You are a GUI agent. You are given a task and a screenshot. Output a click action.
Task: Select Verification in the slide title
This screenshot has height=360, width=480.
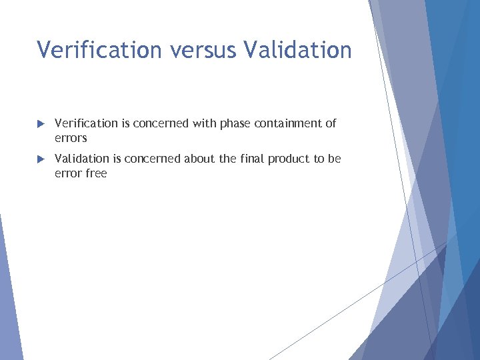[99, 50]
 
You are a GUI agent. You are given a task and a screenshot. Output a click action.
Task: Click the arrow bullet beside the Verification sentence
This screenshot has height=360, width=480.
[41, 124]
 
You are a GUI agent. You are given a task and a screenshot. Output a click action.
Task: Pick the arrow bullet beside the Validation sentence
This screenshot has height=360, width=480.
[41, 159]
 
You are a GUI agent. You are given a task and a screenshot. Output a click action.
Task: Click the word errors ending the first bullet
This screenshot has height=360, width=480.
[71, 139]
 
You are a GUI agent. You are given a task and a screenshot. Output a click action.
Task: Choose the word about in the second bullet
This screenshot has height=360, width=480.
[196, 159]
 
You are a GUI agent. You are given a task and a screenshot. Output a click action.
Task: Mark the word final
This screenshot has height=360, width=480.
[253, 159]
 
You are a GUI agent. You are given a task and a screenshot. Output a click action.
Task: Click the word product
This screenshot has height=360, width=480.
[291, 159]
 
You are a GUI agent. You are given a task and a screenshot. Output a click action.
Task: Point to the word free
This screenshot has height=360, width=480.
[96, 173]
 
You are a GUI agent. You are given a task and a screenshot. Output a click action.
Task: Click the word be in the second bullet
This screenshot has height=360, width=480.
[334, 159]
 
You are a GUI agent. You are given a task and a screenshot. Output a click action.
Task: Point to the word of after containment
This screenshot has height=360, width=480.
[330, 123]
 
